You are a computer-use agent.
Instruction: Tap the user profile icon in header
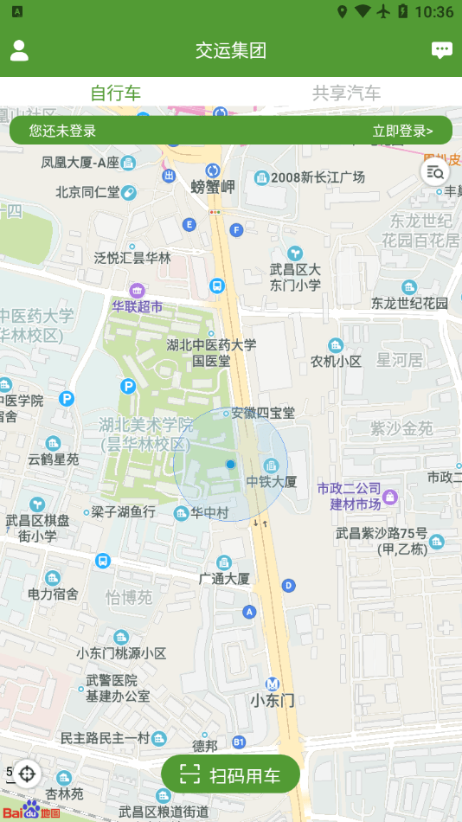click(x=19, y=50)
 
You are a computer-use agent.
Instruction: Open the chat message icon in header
click(x=442, y=50)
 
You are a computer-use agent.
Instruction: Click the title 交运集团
click(x=231, y=50)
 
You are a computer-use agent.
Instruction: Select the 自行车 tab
click(x=116, y=93)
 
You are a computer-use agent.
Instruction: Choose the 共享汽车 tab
click(x=346, y=93)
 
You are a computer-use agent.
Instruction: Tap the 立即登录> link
click(x=402, y=132)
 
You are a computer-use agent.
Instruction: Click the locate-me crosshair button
click(x=27, y=773)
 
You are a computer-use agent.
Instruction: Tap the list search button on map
click(x=434, y=171)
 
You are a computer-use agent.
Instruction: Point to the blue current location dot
click(x=230, y=465)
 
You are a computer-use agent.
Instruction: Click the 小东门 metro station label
click(x=273, y=700)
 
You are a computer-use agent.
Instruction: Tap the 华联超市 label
click(x=137, y=306)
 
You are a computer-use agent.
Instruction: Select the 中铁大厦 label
click(x=272, y=481)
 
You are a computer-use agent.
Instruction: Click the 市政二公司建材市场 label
click(x=349, y=497)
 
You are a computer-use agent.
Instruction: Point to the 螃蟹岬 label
click(x=213, y=186)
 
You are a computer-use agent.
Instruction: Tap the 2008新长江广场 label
click(x=316, y=177)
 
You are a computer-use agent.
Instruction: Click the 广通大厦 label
click(x=224, y=578)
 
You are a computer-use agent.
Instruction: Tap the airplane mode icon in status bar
click(x=382, y=12)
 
